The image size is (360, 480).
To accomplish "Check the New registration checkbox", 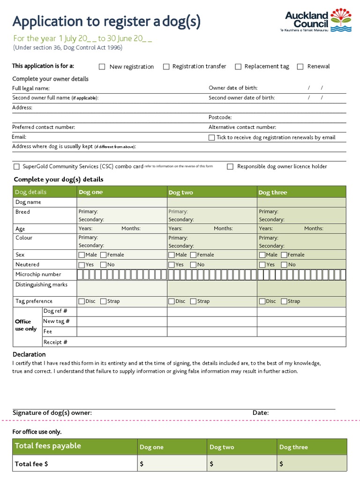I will (x=102, y=67).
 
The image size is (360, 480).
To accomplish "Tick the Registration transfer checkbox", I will (x=166, y=67).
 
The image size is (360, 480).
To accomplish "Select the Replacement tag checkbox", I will (x=238, y=67).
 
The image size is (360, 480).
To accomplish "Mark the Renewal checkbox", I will (x=300, y=67).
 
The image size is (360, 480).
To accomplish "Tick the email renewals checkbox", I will (x=212, y=137).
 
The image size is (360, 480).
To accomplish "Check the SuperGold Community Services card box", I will (x=17, y=166).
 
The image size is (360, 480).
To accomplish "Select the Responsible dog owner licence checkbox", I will (x=230, y=166).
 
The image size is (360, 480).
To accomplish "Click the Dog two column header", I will (x=181, y=192).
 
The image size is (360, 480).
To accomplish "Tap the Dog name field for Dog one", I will (x=122, y=202).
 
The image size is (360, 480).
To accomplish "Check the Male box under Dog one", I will (x=82, y=255).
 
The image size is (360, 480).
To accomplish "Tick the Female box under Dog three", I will (x=284, y=255).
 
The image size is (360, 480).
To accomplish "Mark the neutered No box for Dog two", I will (x=193, y=265).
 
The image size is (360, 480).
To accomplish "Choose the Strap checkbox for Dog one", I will (x=103, y=301).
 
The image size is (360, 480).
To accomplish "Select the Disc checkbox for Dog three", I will (x=262, y=301).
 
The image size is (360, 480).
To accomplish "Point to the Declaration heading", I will (x=29, y=354).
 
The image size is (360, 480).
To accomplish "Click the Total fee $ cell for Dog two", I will (x=241, y=464).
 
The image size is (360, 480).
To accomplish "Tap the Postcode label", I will (x=220, y=117).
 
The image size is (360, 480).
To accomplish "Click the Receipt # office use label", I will (x=55, y=342).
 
